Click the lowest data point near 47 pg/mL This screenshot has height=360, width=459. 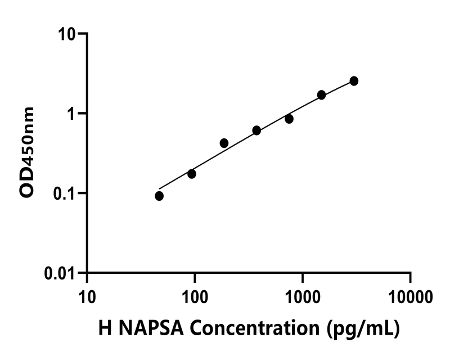click(159, 196)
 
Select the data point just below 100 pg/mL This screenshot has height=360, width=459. click(192, 174)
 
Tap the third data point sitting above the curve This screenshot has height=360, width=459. click(224, 143)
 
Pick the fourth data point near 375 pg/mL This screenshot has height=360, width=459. click(256, 130)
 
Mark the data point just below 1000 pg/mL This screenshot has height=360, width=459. click(289, 119)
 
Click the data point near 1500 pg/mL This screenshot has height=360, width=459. click(322, 95)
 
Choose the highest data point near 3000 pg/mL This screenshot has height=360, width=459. click(354, 81)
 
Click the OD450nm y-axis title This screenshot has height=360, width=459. click(28, 152)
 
